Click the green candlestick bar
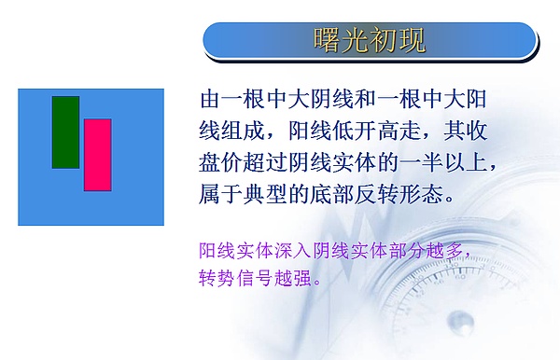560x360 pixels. pos(65,132)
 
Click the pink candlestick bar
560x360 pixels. pos(97,155)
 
